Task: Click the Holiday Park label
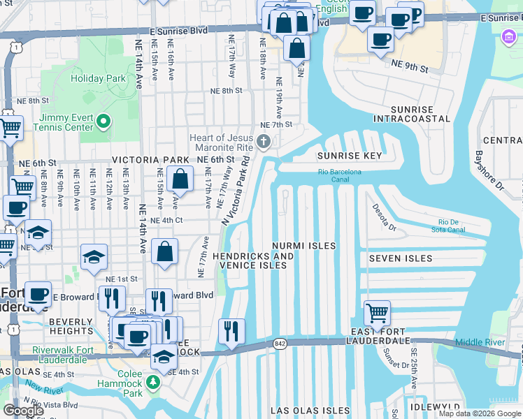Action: [96, 78]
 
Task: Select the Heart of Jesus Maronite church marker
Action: [264, 143]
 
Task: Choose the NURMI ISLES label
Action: [304, 246]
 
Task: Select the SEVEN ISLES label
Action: [400, 258]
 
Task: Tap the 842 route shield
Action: [280, 343]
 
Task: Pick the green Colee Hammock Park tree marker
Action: [153, 382]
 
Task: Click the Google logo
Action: [23, 411]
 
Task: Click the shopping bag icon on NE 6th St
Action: [180, 179]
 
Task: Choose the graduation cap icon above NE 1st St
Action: [94, 257]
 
